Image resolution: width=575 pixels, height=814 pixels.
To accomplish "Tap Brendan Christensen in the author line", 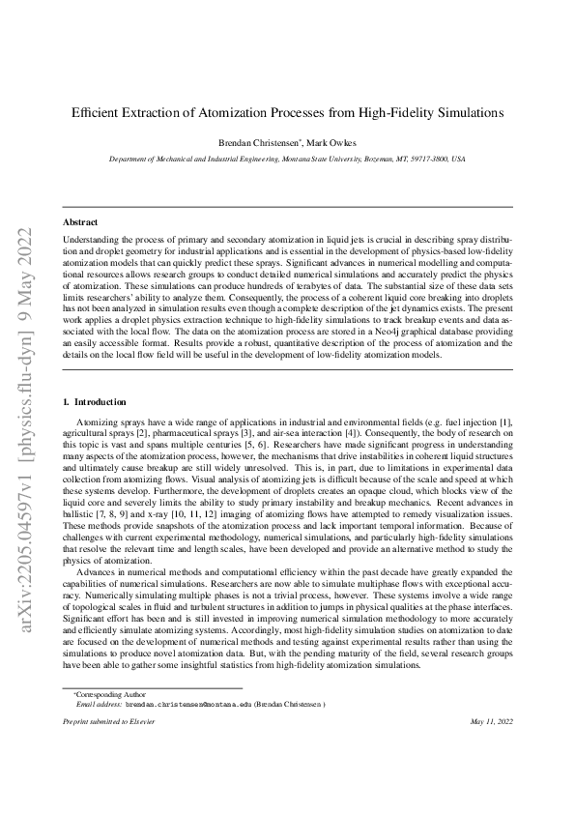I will point(260,143).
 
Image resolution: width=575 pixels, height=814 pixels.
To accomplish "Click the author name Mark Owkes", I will point(331,143).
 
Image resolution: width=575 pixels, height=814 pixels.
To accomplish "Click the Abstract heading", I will point(80,221).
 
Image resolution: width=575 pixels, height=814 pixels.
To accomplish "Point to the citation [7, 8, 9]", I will point(118,531).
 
